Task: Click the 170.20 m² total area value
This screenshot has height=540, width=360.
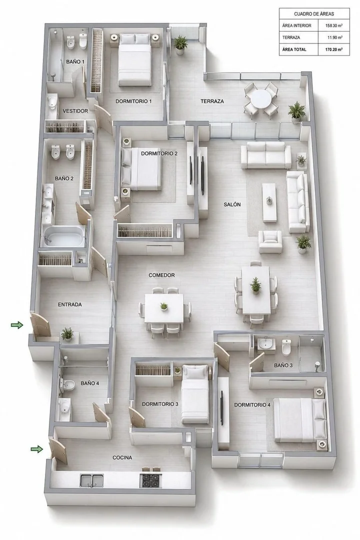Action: (334, 49)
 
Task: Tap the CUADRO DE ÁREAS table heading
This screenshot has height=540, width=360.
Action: (314, 14)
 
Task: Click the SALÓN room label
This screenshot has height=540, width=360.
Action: (232, 204)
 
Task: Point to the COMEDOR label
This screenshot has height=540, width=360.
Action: (161, 275)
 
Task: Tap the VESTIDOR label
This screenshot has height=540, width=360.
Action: (75, 111)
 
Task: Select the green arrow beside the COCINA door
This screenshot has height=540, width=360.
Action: (37, 448)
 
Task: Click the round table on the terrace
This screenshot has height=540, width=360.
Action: (260, 99)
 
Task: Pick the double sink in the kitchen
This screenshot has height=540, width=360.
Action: (91, 480)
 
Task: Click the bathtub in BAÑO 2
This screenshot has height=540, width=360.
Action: (64, 236)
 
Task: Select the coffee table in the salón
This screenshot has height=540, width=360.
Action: (269, 202)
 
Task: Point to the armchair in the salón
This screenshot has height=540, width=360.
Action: (270, 241)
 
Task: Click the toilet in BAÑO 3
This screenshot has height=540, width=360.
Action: (286, 347)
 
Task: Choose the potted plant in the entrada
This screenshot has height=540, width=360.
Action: (67, 334)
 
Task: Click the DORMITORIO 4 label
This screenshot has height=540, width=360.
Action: (252, 404)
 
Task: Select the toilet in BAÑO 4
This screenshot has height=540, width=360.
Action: (67, 385)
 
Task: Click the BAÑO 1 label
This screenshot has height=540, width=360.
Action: (75, 61)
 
